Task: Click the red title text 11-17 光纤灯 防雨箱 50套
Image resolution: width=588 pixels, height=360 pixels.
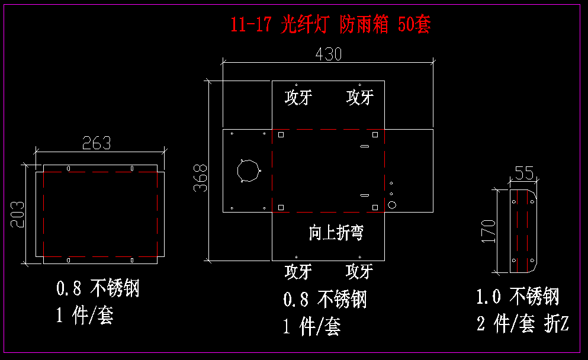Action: pyautogui.click(x=330, y=25)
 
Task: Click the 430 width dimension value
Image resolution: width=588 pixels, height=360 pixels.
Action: pyautogui.click(x=328, y=54)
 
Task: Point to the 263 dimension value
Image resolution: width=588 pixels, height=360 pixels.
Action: pyautogui.click(x=97, y=143)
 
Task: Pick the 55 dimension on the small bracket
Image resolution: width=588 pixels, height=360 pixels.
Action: pyautogui.click(x=523, y=173)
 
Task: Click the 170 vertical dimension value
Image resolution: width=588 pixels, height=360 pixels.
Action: pyautogui.click(x=488, y=232)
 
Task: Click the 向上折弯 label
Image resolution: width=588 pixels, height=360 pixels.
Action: pyautogui.click(x=336, y=233)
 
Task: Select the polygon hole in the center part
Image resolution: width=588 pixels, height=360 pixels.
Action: pyautogui.click(x=248, y=171)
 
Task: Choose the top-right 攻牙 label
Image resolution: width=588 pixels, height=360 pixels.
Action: pyautogui.click(x=359, y=97)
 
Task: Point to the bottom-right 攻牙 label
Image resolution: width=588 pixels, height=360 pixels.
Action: pyautogui.click(x=359, y=272)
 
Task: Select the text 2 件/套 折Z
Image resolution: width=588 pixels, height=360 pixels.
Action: pyautogui.click(x=522, y=323)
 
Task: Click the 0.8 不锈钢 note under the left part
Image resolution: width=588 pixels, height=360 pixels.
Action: pyautogui.click(x=98, y=289)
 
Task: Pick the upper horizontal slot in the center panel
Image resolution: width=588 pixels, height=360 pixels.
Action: pyautogui.click(x=365, y=146)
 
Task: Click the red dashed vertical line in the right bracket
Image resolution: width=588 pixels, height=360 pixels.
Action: pyautogui.click(x=526, y=231)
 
